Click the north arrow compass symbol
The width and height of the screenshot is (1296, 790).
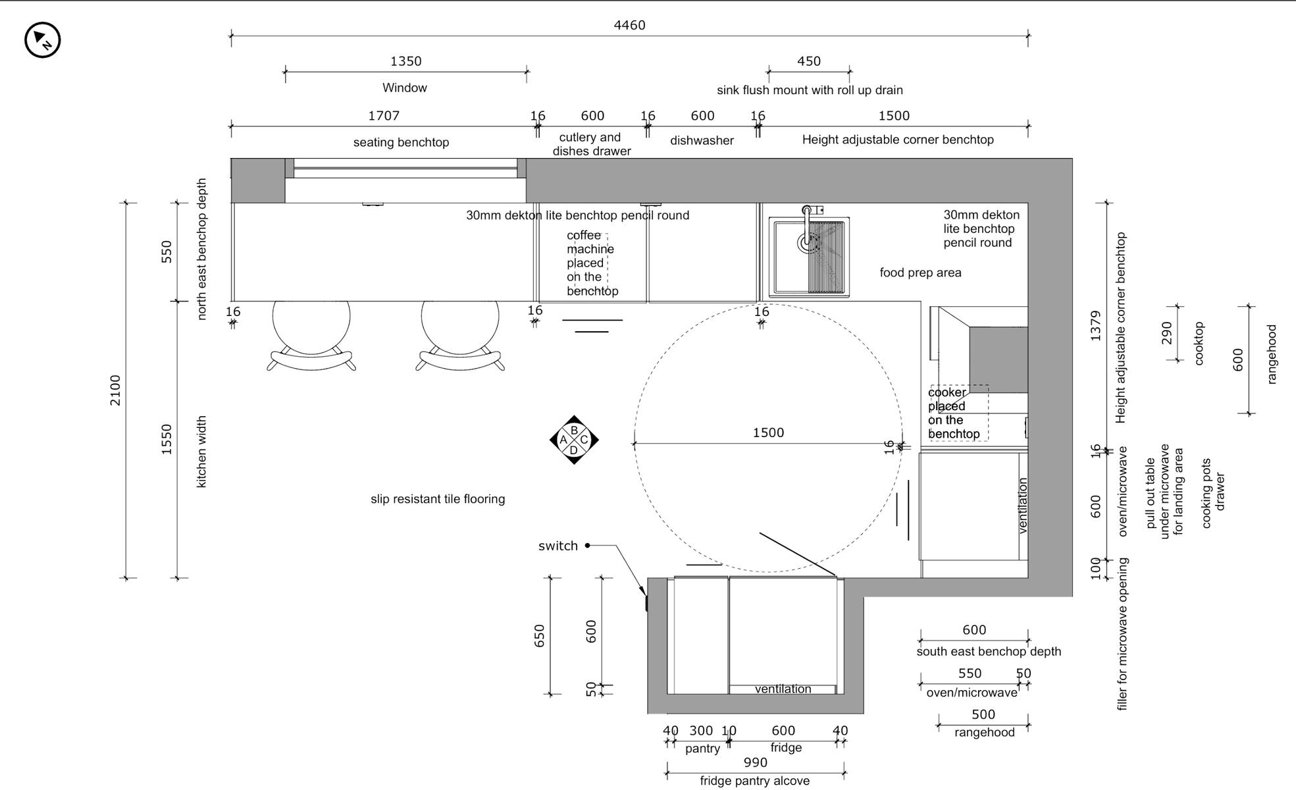(x=43, y=40)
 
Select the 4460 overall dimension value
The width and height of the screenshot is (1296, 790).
(x=629, y=25)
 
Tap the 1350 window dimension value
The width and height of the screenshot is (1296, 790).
(x=405, y=61)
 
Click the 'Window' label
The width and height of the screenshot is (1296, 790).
(x=404, y=88)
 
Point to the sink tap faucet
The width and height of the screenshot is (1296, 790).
(x=807, y=227)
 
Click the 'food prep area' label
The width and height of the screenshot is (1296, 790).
(x=920, y=273)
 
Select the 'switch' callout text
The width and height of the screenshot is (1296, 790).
(x=557, y=546)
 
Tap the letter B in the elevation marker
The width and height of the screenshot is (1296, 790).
(x=574, y=430)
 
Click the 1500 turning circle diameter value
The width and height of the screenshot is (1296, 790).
(x=768, y=433)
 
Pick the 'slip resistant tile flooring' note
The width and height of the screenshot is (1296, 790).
(x=438, y=499)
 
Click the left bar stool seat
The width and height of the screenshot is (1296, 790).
(x=311, y=319)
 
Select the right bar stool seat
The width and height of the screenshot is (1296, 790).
(x=460, y=319)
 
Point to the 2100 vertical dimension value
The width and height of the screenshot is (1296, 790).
(x=115, y=390)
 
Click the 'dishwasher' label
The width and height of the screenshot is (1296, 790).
(x=702, y=140)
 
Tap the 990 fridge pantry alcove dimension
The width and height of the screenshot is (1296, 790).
(x=755, y=762)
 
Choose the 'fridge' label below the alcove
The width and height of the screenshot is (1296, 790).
(x=786, y=748)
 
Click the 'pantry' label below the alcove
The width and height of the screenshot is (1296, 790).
(x=702, y=749)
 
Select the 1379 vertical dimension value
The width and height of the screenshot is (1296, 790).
(x=1095, y=326)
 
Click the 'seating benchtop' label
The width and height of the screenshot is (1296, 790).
(x=401, y=142)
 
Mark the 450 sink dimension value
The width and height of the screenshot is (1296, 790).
(x=808, y=61)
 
